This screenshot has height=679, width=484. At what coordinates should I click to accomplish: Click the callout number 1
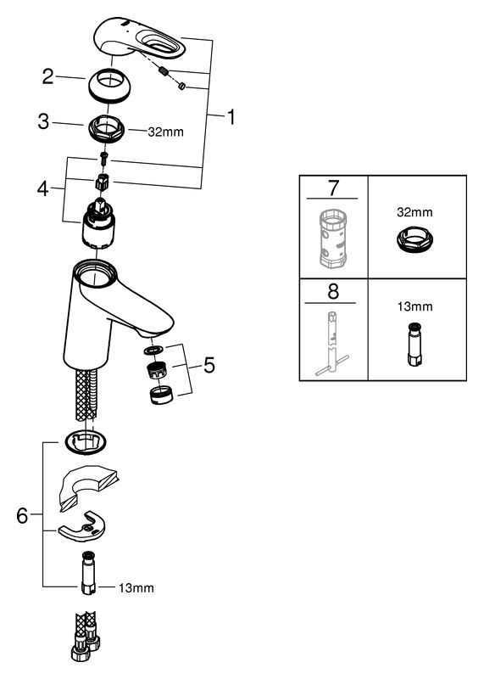pos(231,117)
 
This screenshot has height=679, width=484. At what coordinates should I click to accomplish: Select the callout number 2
pos(48,76)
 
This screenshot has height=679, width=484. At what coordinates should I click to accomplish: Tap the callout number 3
pos(44,121)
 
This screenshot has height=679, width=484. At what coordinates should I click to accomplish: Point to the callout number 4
pos(43,188)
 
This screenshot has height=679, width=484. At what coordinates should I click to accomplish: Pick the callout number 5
pos(209,365)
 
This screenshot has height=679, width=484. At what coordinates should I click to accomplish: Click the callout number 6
pos(22,516)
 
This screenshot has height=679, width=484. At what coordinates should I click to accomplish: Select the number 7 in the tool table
pos(333,188)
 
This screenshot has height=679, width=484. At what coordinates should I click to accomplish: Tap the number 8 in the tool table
pos(333,291)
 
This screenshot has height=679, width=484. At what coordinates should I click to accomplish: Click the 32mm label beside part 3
pos(165,132)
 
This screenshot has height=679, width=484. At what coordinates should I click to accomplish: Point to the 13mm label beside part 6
pos(136,588)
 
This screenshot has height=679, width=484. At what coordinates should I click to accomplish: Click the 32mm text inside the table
pos(414,212)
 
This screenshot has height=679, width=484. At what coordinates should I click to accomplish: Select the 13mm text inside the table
pos(414,306)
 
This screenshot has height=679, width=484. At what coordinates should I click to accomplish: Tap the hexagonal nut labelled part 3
pos(107,129)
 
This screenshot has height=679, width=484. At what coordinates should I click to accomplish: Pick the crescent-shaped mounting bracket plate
pos(82,526)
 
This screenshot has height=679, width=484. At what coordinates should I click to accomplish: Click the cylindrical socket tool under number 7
pos(332,238)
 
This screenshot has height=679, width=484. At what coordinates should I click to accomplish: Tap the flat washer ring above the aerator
pos(154,350)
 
